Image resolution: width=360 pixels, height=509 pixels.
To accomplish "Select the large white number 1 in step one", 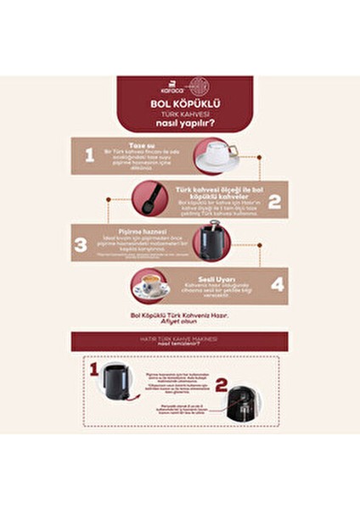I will tap(88, 154).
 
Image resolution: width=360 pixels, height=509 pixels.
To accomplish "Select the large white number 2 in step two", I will tap(273, 201).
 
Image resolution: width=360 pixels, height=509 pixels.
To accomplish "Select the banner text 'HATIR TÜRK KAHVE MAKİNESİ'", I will tap(179, 338).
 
